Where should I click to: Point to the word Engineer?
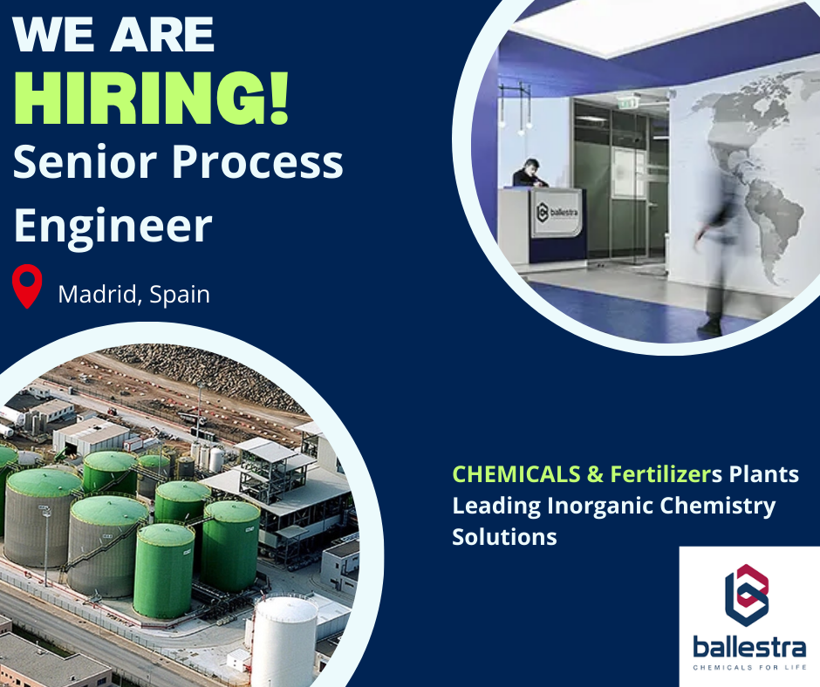(x=113, y=225)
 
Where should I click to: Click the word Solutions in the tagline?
(x=504, y=536)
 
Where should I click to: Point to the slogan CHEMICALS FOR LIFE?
(x=749, y=667)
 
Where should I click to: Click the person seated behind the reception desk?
(x=528, y=173)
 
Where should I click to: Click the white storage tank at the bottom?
(x=283, y=641)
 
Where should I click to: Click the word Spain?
(x=180, y=294)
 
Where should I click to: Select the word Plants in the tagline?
(x=762, y=475)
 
